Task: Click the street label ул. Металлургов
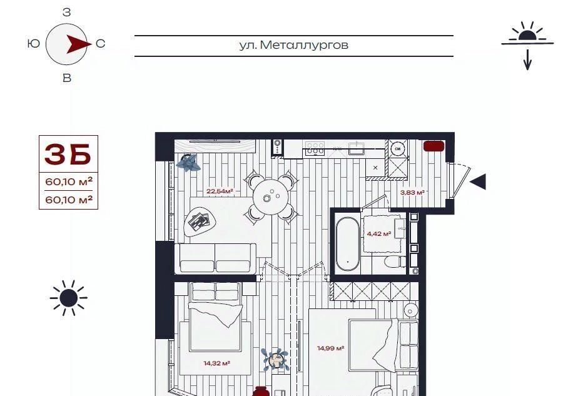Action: (x=294, y=45)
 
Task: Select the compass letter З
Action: (x=67, y=13)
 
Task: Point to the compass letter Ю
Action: (x=34, y=44)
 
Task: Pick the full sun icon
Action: (x=69, y=298)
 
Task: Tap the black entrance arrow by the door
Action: (x=478, y=181)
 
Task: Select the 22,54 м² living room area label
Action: (x=220, y=191)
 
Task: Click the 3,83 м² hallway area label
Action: (x=412, y=192)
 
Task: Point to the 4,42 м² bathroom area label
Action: (x=379, y=233)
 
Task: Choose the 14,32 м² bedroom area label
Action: (x=216, y=363)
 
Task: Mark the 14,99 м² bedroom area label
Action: (x=331, y=348)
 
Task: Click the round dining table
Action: (x=272, y=196)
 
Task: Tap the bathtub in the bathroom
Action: (x=347, y=244)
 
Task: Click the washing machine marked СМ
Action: (x=397, y=149)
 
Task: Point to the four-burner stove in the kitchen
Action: (x=315, y=148)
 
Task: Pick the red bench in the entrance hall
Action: (x=434, y=146)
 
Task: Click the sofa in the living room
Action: (x=216, y=258)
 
